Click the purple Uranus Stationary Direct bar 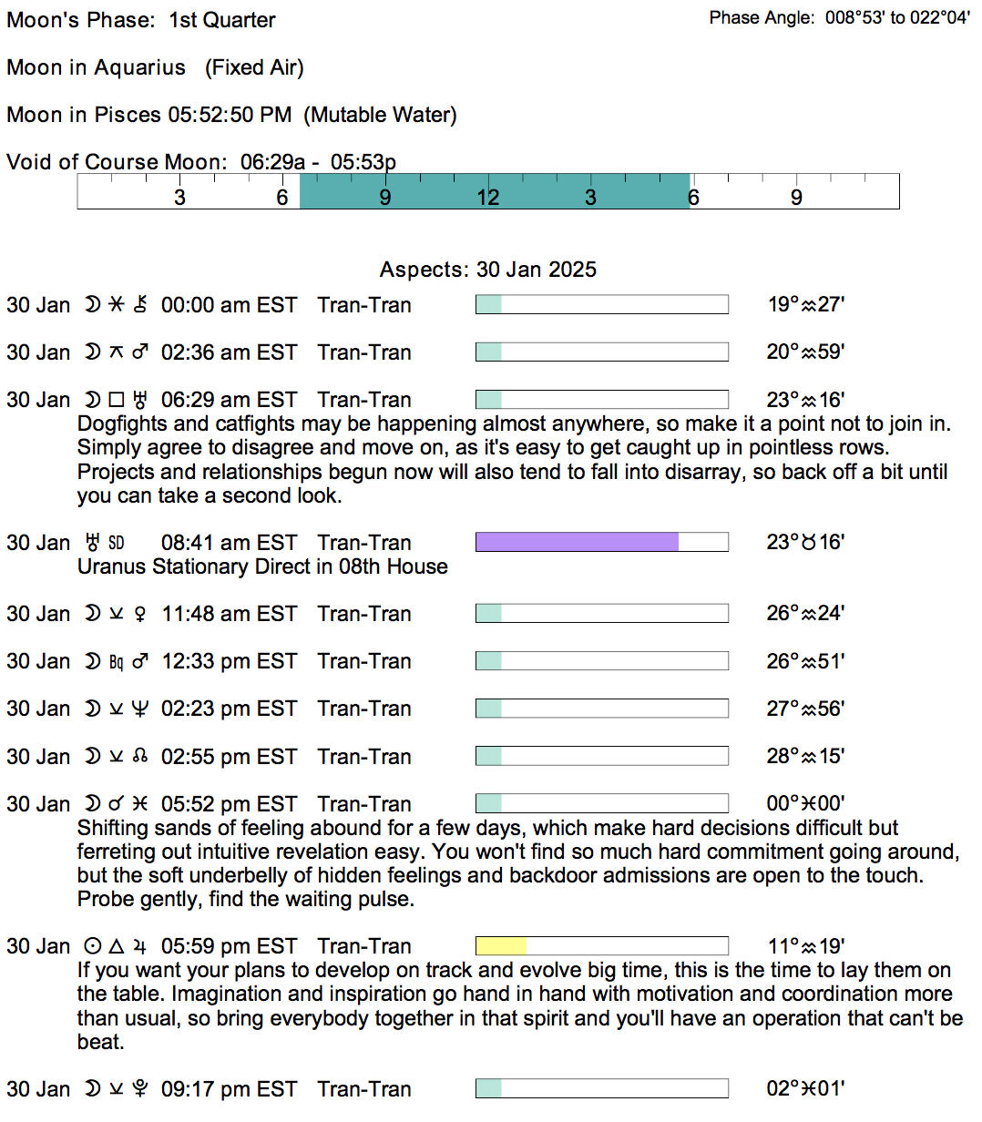[x=577, y=543]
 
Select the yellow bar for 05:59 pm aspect [x=501, y=946]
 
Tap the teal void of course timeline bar [x=495, y=191]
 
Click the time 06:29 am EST [x=229, y=400]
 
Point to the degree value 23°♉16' [x=805, y=543]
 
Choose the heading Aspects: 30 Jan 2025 [x=488, y=270]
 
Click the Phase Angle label [x=762, y=18]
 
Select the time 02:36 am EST [x=229, y=352]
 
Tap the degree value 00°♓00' [x=805, y=804]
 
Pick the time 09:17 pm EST [x=229, y=1089]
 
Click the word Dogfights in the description [x=121, y=424]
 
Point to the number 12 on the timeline [x=488, y=198]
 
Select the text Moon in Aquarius [x=96, y=67]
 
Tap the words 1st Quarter [x=222, y=20]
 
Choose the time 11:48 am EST [x=229, y=614]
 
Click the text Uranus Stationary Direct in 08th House [x=262, y=566]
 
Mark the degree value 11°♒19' [x=805, y=946]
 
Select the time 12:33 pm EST [x=229, y=661]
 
